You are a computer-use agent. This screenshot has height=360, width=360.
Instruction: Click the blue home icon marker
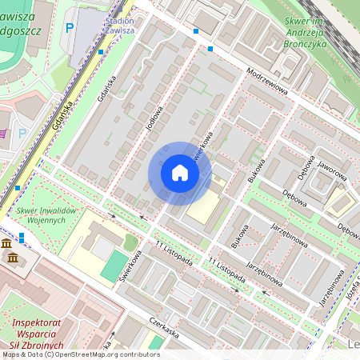pos(180,173)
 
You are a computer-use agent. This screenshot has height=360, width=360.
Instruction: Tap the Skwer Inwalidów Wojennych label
pos(45,215)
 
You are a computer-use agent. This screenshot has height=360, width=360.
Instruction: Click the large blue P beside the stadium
pos(70,27)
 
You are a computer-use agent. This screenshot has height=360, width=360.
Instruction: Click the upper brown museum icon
pos(6,243)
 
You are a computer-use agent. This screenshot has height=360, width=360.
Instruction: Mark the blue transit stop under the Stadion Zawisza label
pos(101,51)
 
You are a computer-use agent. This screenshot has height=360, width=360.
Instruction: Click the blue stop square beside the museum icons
pos(22,237)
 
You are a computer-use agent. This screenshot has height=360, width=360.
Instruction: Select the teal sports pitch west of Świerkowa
pos(114,265)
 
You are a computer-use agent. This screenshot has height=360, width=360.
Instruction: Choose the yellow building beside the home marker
pos(206,206)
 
